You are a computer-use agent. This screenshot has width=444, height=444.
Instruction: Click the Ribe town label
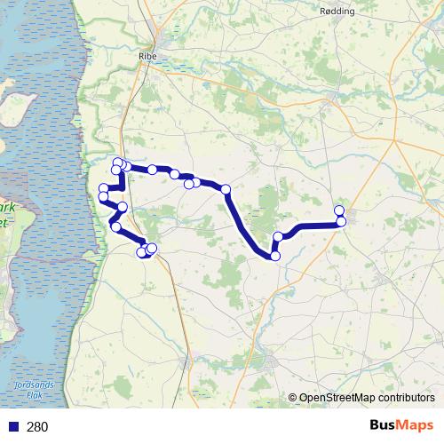[x=147, y=55]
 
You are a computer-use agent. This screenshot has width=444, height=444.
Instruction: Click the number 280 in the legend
[x=37, y=427]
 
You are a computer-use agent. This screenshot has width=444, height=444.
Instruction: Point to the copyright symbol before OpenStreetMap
[x=292, y=399]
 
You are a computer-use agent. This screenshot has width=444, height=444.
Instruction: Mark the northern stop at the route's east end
[x=338, y=210]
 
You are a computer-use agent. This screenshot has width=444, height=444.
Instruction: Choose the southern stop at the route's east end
[x=341, y=221]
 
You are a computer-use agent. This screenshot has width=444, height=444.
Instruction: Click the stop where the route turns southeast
[x=226, y=189]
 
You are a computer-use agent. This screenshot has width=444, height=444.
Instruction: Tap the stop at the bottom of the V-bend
[x=274, y=256]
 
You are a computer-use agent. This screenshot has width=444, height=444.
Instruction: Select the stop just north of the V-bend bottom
[x=278, y=237]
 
